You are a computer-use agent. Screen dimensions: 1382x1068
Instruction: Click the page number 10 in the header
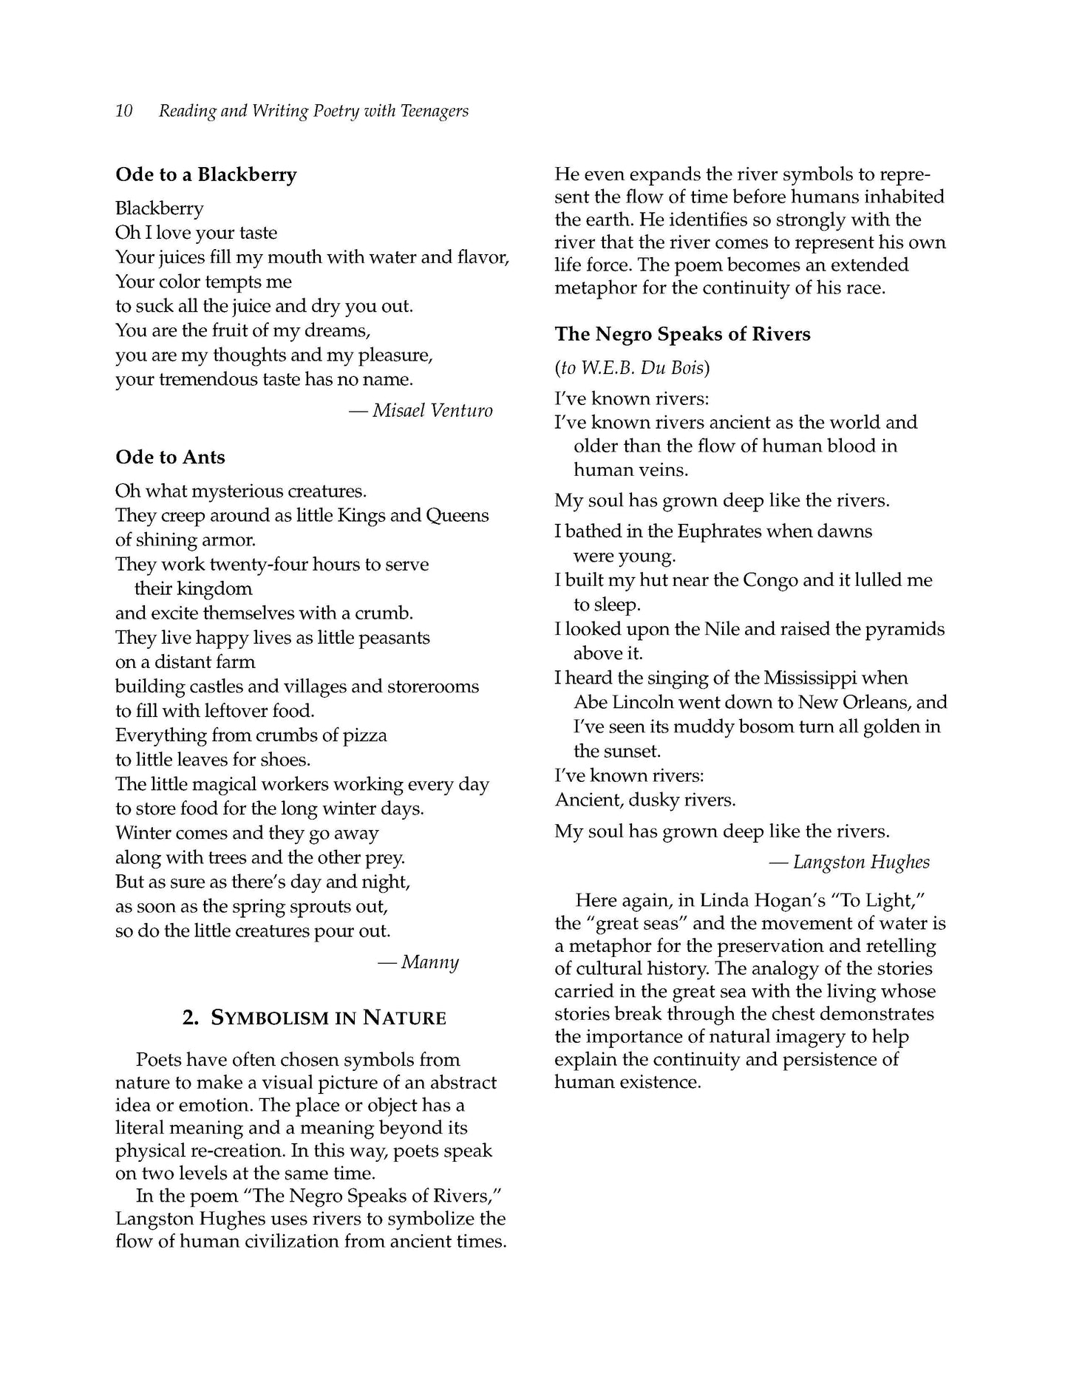point(124,111)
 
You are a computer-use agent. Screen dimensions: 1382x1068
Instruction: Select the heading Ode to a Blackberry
point(205,174)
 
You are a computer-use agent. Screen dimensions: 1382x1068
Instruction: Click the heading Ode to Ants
point(170,457)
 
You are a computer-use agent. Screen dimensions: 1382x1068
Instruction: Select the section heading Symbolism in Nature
point(314,1018)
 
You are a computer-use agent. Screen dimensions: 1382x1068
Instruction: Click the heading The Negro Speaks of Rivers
point(682,334)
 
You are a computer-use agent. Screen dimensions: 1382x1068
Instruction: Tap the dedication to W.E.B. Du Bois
point(633,367)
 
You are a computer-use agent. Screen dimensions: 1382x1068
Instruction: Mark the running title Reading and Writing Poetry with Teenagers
point(313,111)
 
